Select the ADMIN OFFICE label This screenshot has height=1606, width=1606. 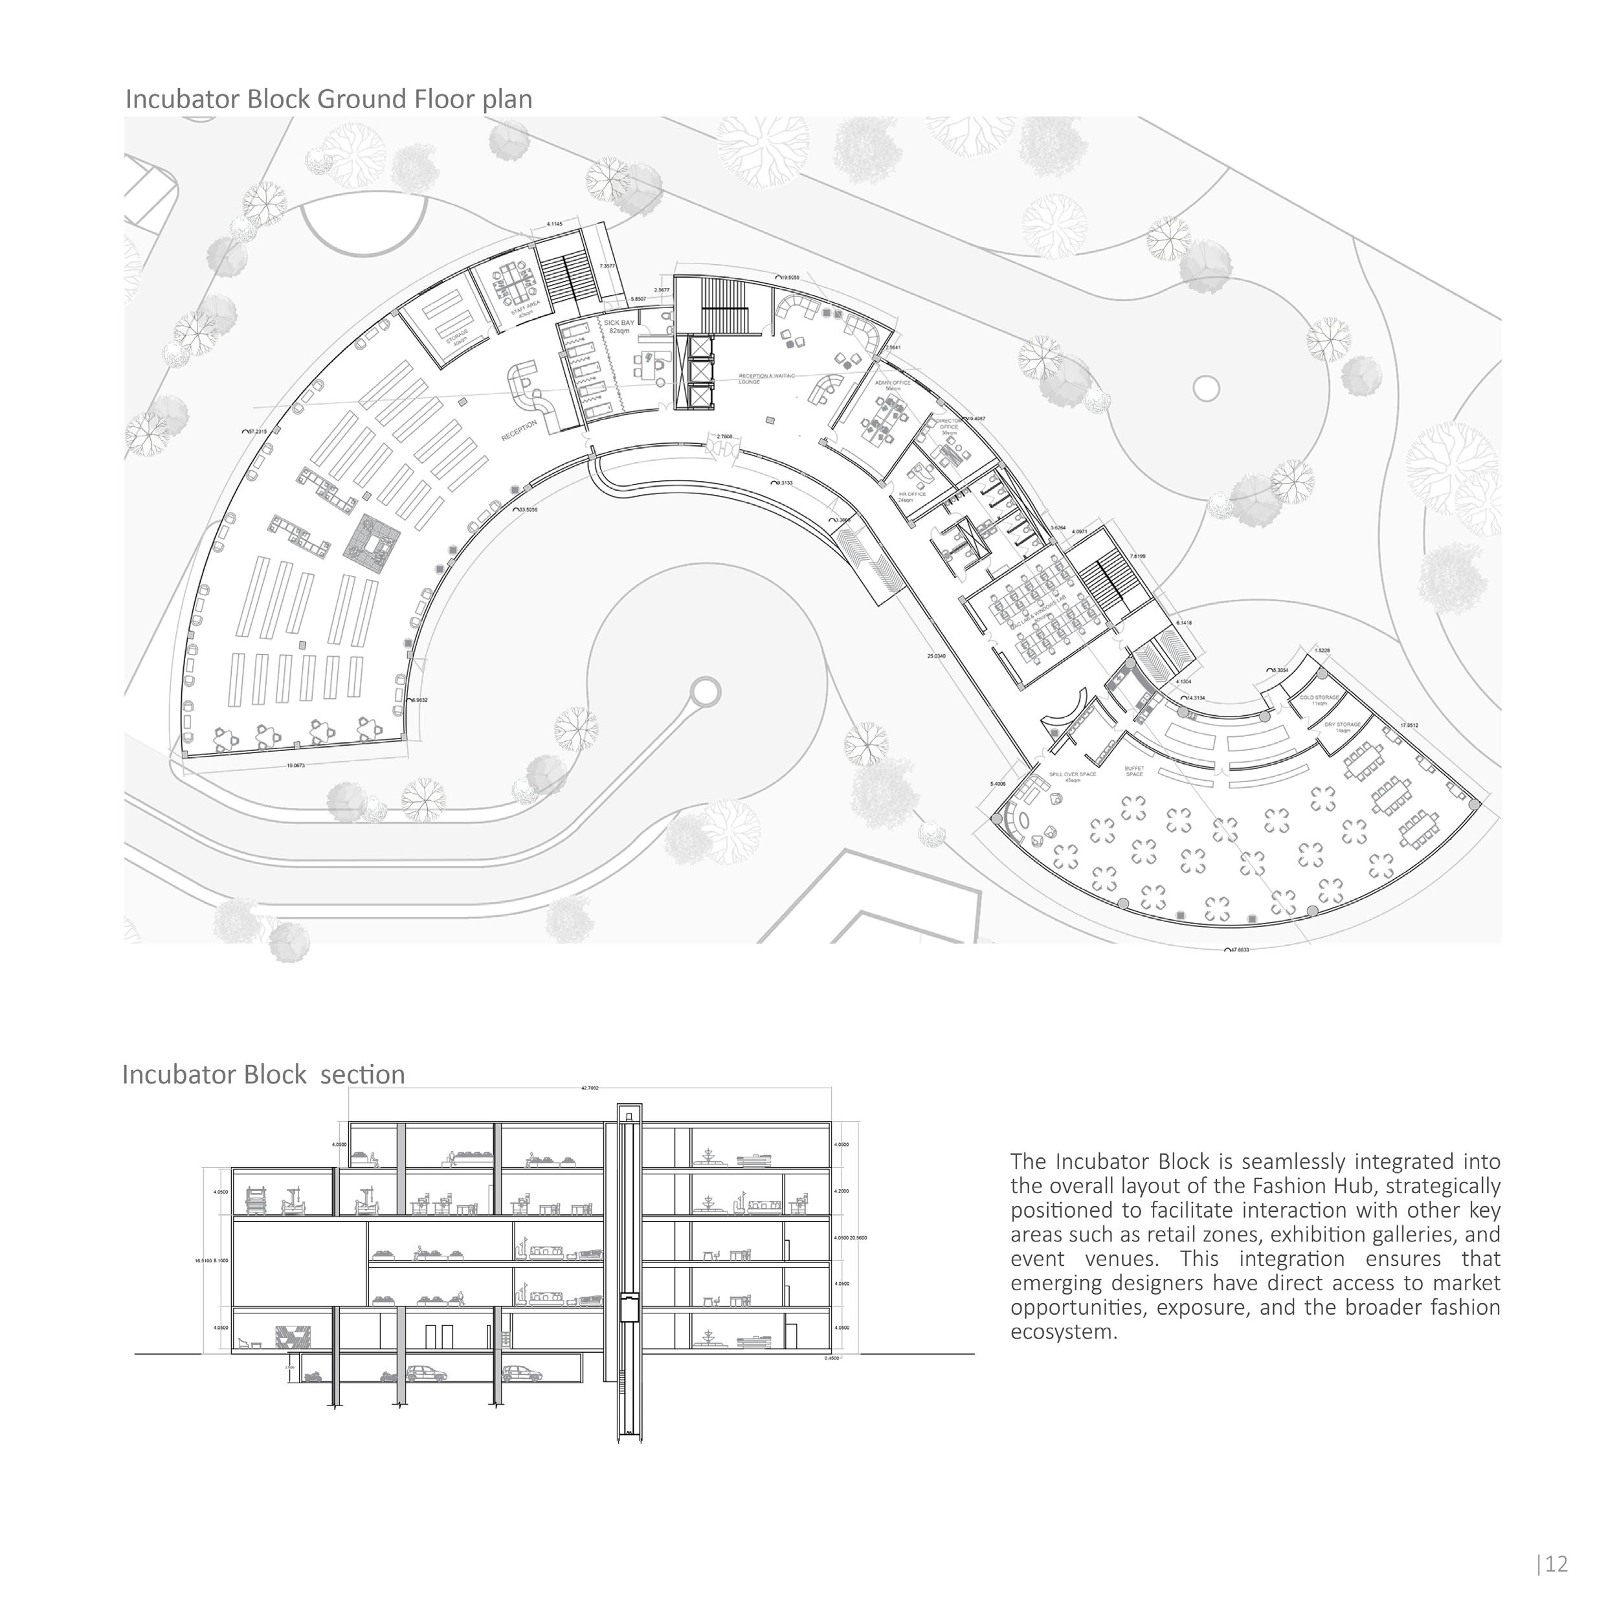pyautogui.click(x=893, y=385)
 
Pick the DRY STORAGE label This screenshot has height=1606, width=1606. pyautogui.click(x=1343, y=726)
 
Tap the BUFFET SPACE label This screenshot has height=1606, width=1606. pyautogui.click(x=1134, y=770)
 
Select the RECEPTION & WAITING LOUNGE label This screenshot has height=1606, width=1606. pyautogui.click(x=766, y=378)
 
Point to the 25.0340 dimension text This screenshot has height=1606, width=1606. pyautogui.click(x=936, y=656)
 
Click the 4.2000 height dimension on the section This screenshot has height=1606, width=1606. pyautogui.click(x=842, y=1191)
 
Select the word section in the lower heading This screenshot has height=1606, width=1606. pyautogui.click(x=362, y=1075)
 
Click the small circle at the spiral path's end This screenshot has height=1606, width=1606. pyautogui.click(x=706, y=691)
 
